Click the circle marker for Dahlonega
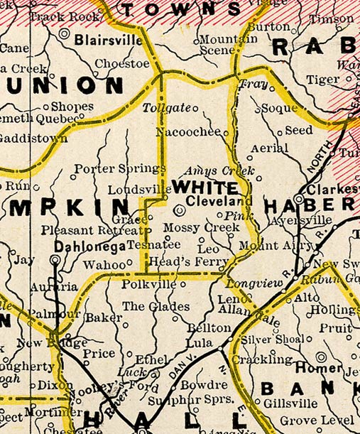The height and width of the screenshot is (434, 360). pyautogui.click(x=55, y=260)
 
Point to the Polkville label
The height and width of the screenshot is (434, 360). pyautogui.click(x=148, y=284)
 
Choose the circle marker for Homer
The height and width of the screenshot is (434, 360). pyautogui.click(x=322, y=357)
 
